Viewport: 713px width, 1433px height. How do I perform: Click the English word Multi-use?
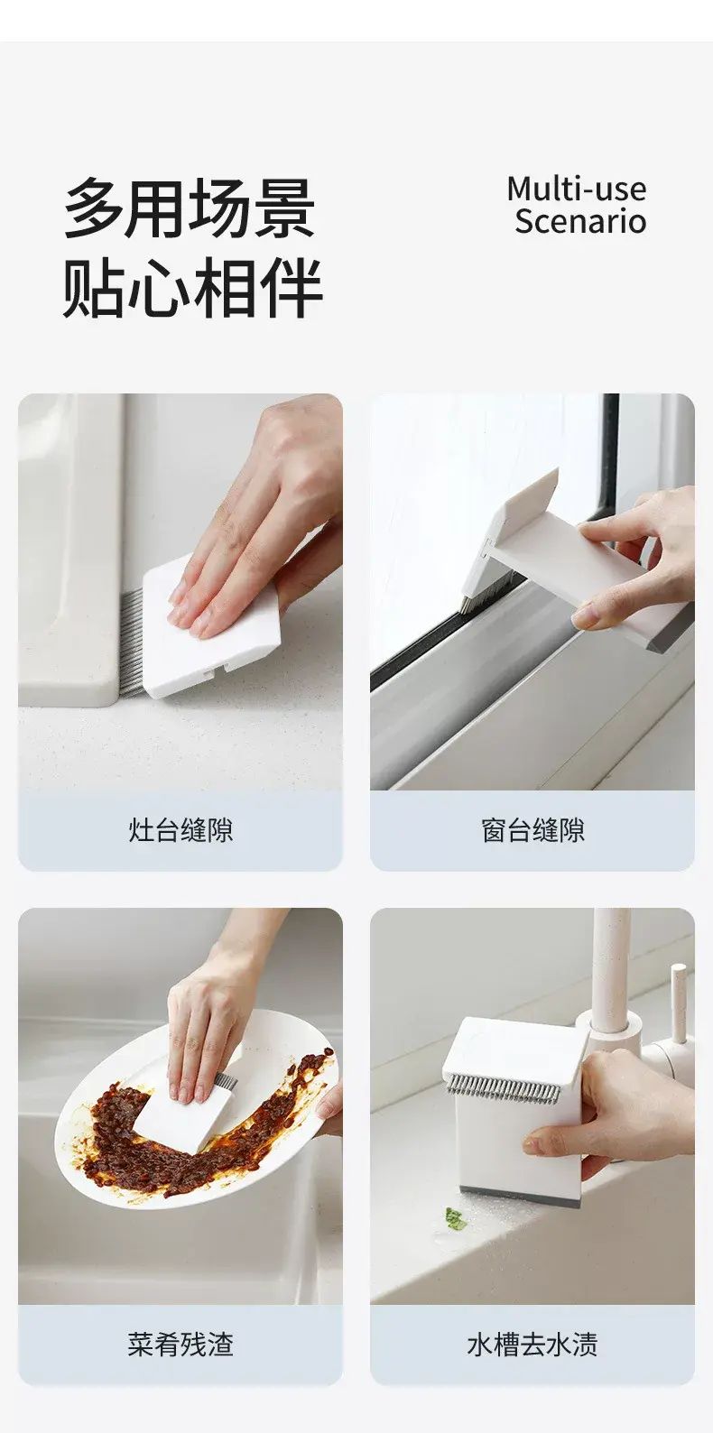click(576, 189)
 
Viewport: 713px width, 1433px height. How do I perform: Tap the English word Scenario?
click(579, 221)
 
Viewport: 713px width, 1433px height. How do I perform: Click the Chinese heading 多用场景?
click(190, 208)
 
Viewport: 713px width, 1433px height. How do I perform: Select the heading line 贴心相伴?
click(192, 287)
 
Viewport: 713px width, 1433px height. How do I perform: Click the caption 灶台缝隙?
click(181, 830)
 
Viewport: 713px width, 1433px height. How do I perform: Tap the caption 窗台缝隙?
click(532, 830)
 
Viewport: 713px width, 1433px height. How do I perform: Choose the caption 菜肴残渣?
click(181, 1344)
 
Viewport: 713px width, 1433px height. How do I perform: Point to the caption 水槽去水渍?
click(532, 1344)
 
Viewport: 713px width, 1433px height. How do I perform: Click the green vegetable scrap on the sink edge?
click(455, 1219)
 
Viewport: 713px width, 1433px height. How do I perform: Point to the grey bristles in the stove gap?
click(132, 643)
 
